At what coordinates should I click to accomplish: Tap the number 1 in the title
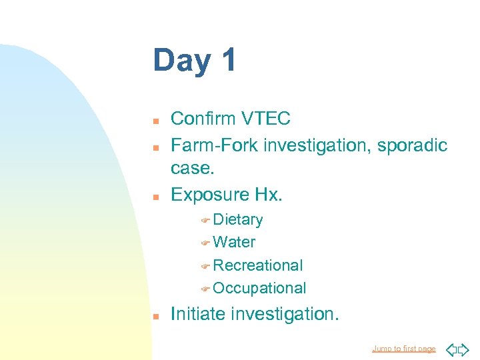click(x=227, y=60)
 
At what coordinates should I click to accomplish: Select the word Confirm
click(x=202, y=119)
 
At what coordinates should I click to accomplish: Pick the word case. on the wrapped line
click(x=193, y=169)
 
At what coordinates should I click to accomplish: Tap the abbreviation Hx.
click(x=269, y=194)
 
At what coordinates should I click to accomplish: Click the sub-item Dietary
click(x=238, y=219)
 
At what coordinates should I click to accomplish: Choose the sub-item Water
click(x=234, y=242)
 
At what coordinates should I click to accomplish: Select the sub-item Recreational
click(x=258, y=265)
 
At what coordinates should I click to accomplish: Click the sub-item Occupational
click(x=260, y=288)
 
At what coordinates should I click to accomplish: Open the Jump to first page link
click(x=403, y=349)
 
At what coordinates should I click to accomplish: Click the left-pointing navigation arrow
click(x=450, y=349)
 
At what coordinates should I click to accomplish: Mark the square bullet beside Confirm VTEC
click(x=155, y=121)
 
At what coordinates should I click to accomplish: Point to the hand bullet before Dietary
click(x=205, y=220)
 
